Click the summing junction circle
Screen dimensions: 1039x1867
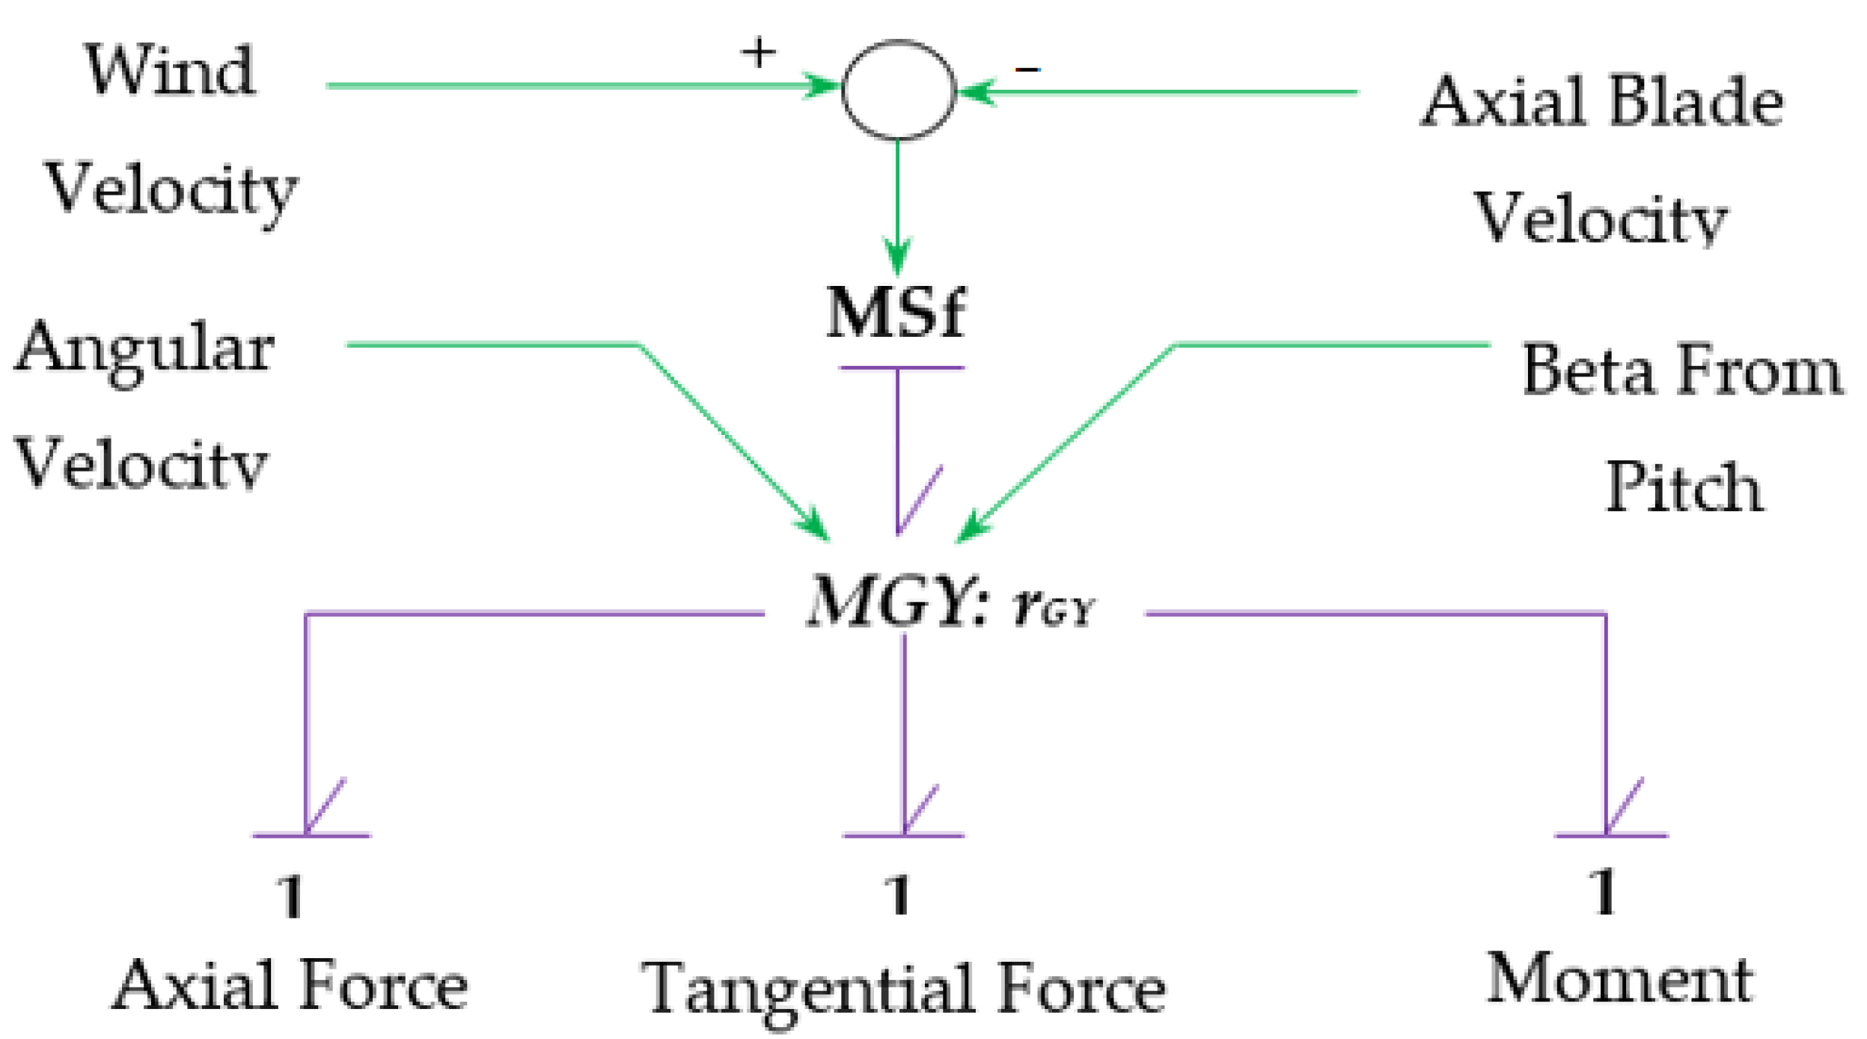pyautogui.click(x=898, y=90)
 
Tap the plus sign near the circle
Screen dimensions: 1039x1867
pyautogui.click(x=758, y=52)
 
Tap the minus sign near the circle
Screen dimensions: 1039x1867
pyautogui.click(x=1027, y=70)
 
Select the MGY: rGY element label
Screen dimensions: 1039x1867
pyautogui.click(x=950, y=603)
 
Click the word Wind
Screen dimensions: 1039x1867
pyautogui.click(x=170, y=70)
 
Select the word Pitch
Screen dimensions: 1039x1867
pyautogui.click(x=1684, y=487)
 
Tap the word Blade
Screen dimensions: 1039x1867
pyautogui.click(x=1696, y=103)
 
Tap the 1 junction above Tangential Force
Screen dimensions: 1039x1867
pyautogui.click(x=897, y=895)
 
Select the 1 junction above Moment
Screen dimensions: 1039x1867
pyautogui.click(x=1603, y=891)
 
